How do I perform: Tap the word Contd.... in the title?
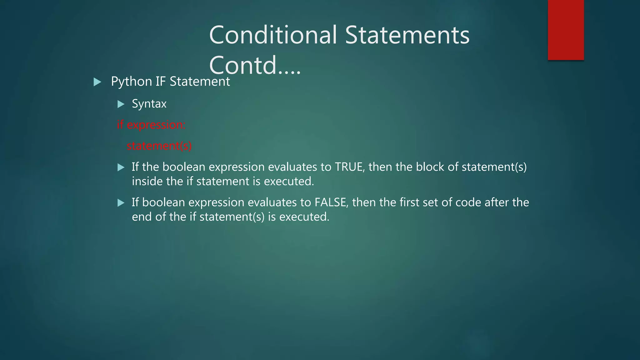tap(255, 65)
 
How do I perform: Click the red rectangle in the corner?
tap(566, 30)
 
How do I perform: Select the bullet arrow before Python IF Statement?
tap(97, 82)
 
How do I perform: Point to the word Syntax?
tap(149, 104)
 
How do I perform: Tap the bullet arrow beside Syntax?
tap(121, 104)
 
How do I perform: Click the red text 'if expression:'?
tap(151, 125)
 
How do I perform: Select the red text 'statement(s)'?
tap(159, 146)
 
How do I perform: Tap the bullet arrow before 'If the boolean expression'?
tap(121, 167)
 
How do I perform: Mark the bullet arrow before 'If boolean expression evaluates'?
tap(121, 203)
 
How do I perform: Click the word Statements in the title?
tap(407, 35)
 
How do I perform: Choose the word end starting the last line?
tap(142, 217)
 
